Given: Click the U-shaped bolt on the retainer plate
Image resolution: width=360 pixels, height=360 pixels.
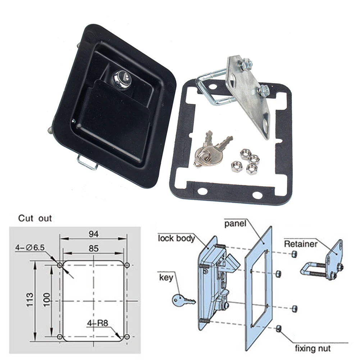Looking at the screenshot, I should point(212,88).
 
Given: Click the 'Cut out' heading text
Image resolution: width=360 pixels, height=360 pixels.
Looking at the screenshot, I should point(35,218).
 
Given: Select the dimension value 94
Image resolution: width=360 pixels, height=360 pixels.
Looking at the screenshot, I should point(94,234).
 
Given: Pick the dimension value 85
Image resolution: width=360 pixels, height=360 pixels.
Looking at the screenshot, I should point(94,248).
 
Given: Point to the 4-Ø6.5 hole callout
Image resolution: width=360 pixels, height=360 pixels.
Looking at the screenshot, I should point(30,248).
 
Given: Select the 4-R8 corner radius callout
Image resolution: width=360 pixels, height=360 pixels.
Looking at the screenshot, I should point(97,322).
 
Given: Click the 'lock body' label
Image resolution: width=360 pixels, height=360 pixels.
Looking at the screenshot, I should point(176,238).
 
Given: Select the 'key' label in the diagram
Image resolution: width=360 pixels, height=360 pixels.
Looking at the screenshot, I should point(166,277).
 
